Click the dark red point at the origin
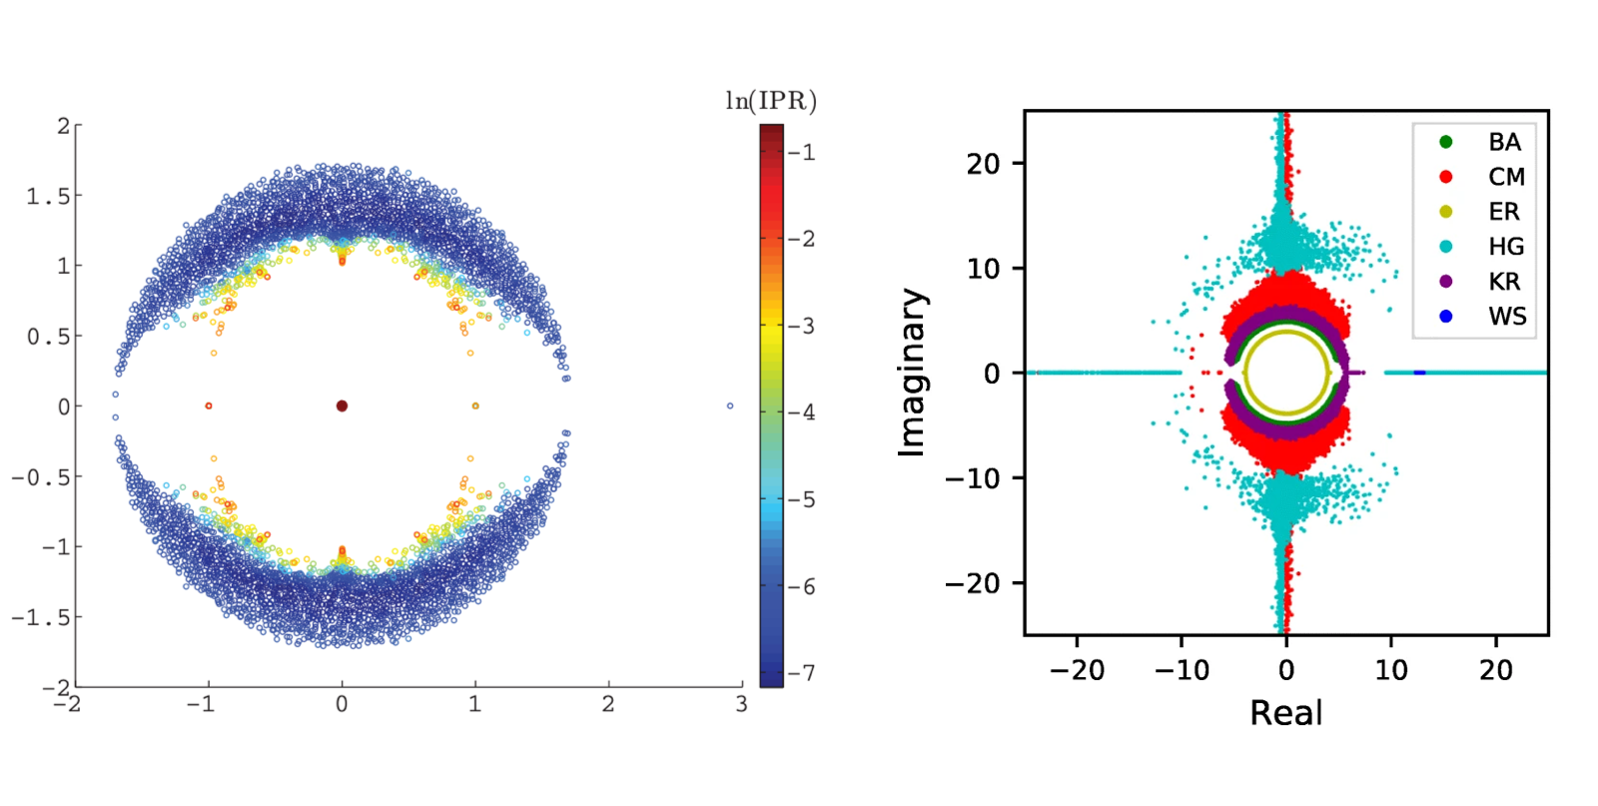pyautogui.click(x=342, y=405)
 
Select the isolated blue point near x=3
pyautogui.click(x=730, y=405)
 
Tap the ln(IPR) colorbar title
pyautogui.click(x=770, y=101)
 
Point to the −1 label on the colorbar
pyautogui.click(x=801, y=153)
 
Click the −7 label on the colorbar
pyautogui.click(x=801, y=673)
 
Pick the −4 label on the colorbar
pyautogui.click(x=801, y=412)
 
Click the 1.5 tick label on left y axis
pyautogui.click(x=48, y=196)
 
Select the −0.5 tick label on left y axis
pyautogui.click(x=41, y=477)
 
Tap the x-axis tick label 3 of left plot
pyautogui.click(x=741, y=704)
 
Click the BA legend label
pyautogui.click(x=1504, y=142)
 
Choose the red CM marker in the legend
pyautogui.click(x=1445, y=177)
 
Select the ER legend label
pyautogui.click(x=1504, y=212)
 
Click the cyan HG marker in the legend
pyautogui.click(x=1445, y=247)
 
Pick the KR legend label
pyautogui.click(x=1504, y=282)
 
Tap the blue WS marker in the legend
pyautogui.click(x=1445, y=317)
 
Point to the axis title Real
pyautogui.click(x=1285, y=713)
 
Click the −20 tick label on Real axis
pyautogui.click(x=1077, y=669)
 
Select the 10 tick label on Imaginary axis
pyautogui.click(x=983, y=269)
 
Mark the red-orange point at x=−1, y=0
pyautogui.click(x=209, y=405)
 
